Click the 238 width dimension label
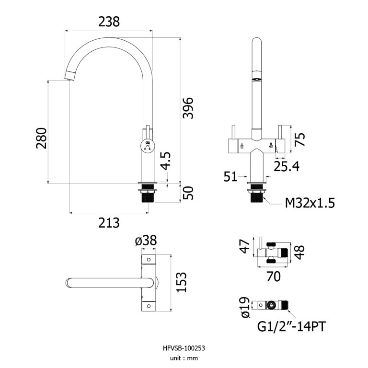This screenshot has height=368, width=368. point(109,22)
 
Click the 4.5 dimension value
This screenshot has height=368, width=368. point(165,161)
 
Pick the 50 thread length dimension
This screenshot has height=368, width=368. point(188,194)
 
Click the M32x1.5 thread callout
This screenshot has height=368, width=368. point(310,203)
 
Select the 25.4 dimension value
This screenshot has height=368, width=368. point(287,166)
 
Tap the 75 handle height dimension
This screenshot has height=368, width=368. point(299,139)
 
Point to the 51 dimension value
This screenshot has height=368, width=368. point(230,177)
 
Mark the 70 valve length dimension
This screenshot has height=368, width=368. point(273,276)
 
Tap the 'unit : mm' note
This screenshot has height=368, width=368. point(184,358)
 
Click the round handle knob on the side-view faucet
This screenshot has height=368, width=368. point(147,145)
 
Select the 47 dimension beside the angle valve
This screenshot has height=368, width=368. point(244,247)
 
